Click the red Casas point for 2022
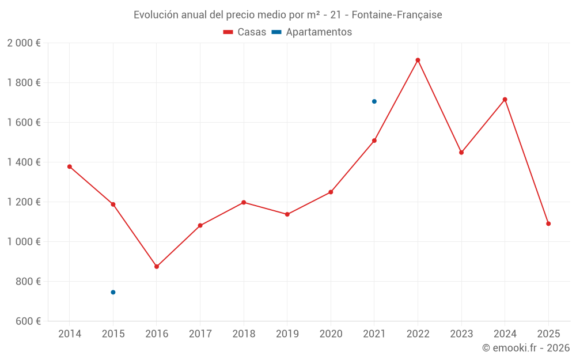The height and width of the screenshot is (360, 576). pyautogui.click(x=418, y=60)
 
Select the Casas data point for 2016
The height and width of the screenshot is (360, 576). pyautogui.click(x=157, y=267)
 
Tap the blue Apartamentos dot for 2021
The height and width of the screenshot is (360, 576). pyautogui.click(x=374, y=101)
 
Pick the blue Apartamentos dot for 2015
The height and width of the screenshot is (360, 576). pyautogui.click(x=113, y=292)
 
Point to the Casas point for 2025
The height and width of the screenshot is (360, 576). pyautogui.click(x=548, y=223)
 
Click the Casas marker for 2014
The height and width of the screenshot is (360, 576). pyautogui.click(x=70, y=166)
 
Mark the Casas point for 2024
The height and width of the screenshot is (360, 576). pyautogui.click(x=505, y=100)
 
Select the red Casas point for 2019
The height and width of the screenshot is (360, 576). pyautogui.click(x=287, y=214)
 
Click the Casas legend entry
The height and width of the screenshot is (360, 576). pyautogui.click(x=245, y=32)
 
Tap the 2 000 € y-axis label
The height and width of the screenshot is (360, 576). pyautogui.click(x=24, y=43)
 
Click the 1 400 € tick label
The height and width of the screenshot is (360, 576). pyautogui.click(x=24, y=162)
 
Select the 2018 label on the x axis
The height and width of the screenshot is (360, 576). pyautogui.click(x=244, y=334)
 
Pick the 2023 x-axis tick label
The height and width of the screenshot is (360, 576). pyautogui.click(x=461, y=334)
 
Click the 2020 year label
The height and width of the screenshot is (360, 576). pyautogui.click(x=331, y=334)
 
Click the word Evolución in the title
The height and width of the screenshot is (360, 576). pyautogui.click(x=155, y=15)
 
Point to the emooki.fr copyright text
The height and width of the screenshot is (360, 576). pyautogui.click(x=525, y=348)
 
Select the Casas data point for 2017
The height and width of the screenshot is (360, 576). pyautogui.click(x=200, y=225)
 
